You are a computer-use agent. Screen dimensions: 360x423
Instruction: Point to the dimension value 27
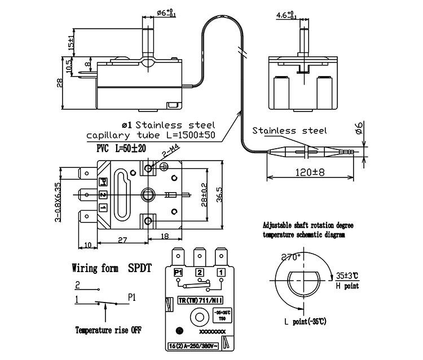tap(122, 239)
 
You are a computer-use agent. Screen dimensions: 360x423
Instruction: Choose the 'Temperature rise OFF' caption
tap(108, 330)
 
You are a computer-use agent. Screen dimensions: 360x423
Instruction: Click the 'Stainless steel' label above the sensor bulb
tap(289, 131)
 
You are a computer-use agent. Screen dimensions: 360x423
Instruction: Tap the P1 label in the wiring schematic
tap(131, 295)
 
